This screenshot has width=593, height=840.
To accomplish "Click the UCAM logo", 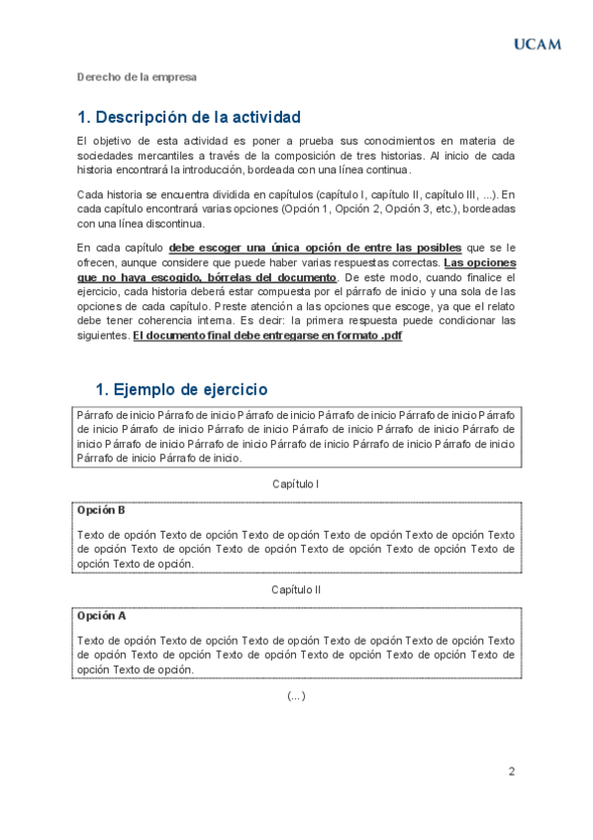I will tap(537, 44).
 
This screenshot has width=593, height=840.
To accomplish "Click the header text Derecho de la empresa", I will tap(137, 76).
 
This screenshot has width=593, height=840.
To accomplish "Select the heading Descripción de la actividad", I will tap(188, 117).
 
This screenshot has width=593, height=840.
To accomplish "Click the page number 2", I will tap(512, 772).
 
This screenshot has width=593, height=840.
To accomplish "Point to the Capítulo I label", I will tap(295, 484).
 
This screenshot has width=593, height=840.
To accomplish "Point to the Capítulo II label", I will tap(296, 589).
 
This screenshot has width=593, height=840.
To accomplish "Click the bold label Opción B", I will tap(101, 510).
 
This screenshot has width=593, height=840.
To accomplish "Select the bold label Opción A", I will tap(101, 615).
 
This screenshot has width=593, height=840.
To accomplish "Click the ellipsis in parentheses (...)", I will tap(296, 695).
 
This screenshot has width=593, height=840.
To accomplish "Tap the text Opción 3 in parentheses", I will tap(406, 209).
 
